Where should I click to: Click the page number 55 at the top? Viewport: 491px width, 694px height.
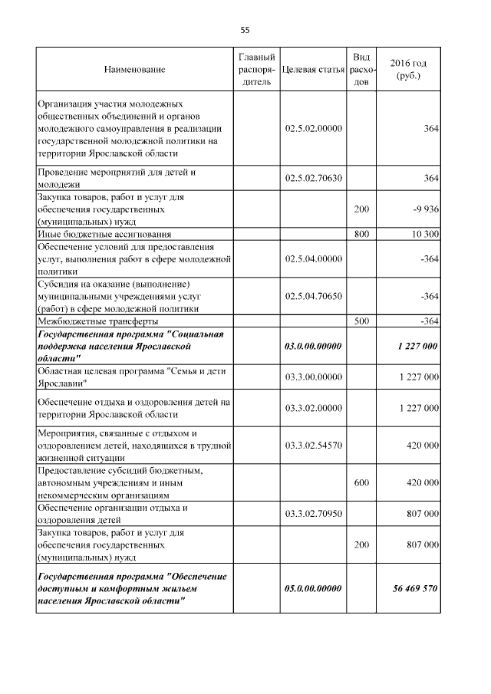[x=245, y=31]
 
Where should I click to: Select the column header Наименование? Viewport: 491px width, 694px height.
[x=134, y=70]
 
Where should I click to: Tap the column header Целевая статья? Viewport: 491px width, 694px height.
[x=313, y=70]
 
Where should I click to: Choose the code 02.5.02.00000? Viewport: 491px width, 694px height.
[x=313, y=129]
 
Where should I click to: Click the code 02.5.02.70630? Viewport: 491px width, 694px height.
[x=313, y=179]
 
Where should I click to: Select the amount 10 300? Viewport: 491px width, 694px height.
[x=422, y=233]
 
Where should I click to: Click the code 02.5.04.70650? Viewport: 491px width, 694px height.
[x=313, y=297]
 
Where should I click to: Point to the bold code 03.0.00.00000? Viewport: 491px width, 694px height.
[x=313, y=346]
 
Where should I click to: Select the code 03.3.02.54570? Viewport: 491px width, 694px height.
[x=313, y=445]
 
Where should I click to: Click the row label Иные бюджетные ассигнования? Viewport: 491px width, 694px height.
[x=104, y=233]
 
